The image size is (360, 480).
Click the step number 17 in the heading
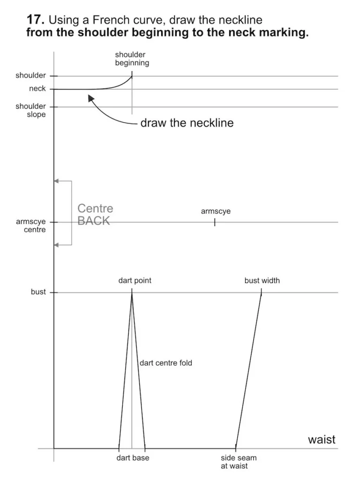click(x=36, y=20)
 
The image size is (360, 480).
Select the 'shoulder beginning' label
click(x=132, y=59)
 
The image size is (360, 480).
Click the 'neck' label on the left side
click(x=37, y=89)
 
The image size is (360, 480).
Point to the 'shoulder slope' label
click(x=31, y=110)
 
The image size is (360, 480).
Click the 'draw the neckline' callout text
click(x=187, y=123)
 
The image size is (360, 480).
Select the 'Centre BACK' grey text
click(x=95, y=215)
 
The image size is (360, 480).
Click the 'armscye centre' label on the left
click(x=31, y=225)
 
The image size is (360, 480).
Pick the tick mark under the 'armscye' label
click(x=215, y=222)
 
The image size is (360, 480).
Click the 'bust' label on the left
click(x=38, y=292)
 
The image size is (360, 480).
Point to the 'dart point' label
click(x=135, y=281)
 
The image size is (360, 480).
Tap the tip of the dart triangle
click(x=132, y=293)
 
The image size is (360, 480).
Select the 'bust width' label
click(x=262, y=281)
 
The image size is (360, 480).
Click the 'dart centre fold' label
click(x=166, y=363)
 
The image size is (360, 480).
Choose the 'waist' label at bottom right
click(x=322, y=440)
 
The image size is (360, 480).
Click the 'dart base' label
click(x=133, y=458)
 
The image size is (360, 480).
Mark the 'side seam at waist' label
click(x=239, y=462)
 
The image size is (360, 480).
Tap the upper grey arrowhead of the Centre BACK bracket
click(x=56, y=181)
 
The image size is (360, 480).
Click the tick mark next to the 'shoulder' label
click(x=54, y=76)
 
